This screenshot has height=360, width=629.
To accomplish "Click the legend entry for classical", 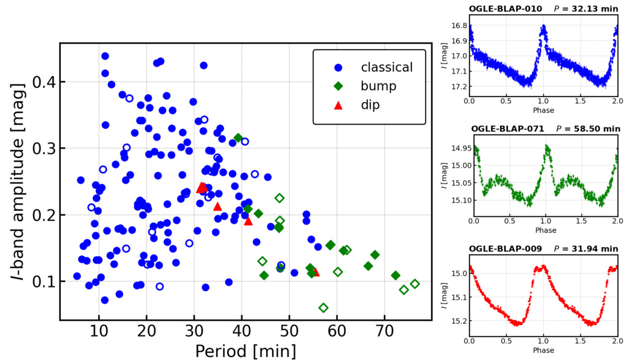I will [386, 67].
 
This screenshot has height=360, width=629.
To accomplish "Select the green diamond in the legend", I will [337, 86].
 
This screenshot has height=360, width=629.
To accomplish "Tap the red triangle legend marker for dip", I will [337, 105].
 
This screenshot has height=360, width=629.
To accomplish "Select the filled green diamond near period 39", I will [238, 138].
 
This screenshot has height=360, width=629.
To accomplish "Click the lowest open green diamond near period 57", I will [324, 308].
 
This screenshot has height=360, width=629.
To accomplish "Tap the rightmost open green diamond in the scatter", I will [415, 284].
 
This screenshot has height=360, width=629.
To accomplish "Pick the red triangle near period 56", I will [316, 272].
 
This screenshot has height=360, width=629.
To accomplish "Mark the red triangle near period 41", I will [248, 221].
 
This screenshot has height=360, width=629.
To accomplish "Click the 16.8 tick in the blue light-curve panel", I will [458, 26].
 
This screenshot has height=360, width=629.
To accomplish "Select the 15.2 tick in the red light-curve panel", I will [458, 321].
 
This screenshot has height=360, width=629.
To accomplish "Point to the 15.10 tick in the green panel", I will [456, 200].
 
